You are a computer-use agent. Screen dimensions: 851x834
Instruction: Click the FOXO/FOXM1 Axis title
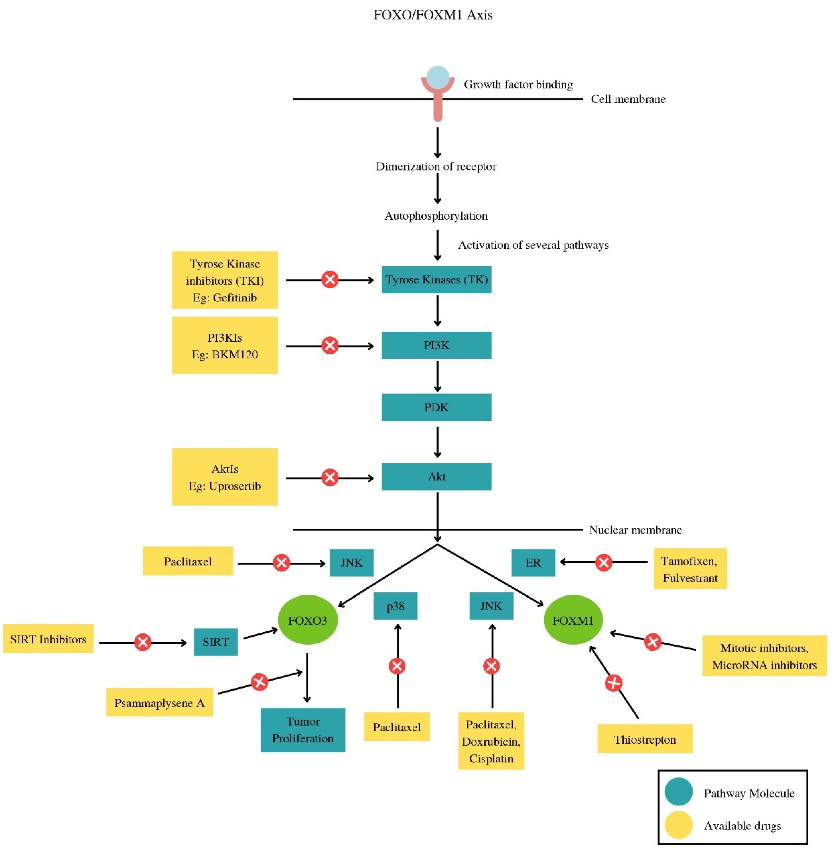click(x=433, y=15)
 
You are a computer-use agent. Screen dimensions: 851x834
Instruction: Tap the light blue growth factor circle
click(x=438, y=77)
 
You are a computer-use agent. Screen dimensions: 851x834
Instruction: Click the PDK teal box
click(x=436, y=407)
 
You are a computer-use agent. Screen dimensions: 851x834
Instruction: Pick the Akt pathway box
click(x=436, y=477)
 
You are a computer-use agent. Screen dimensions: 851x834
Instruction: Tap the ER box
click(x=533, y=562)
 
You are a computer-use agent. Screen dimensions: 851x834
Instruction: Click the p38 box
click(x=395, y=606)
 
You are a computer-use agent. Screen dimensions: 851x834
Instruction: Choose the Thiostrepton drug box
click(x=645, y=740)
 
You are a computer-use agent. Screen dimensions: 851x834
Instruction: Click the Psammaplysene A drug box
click(x=159, y=703)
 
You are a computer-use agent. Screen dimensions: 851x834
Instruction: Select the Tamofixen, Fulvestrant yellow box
click(x=690, y=569)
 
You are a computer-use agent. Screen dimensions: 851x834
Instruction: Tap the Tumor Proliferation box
click(x=303, y=730)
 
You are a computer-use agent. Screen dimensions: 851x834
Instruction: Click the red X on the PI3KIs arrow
click(x=330, y=346)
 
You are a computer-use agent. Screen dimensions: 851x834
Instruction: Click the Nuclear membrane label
click(x=635, y=530)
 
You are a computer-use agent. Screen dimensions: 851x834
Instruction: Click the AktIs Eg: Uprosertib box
click(x=225, y=477)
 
